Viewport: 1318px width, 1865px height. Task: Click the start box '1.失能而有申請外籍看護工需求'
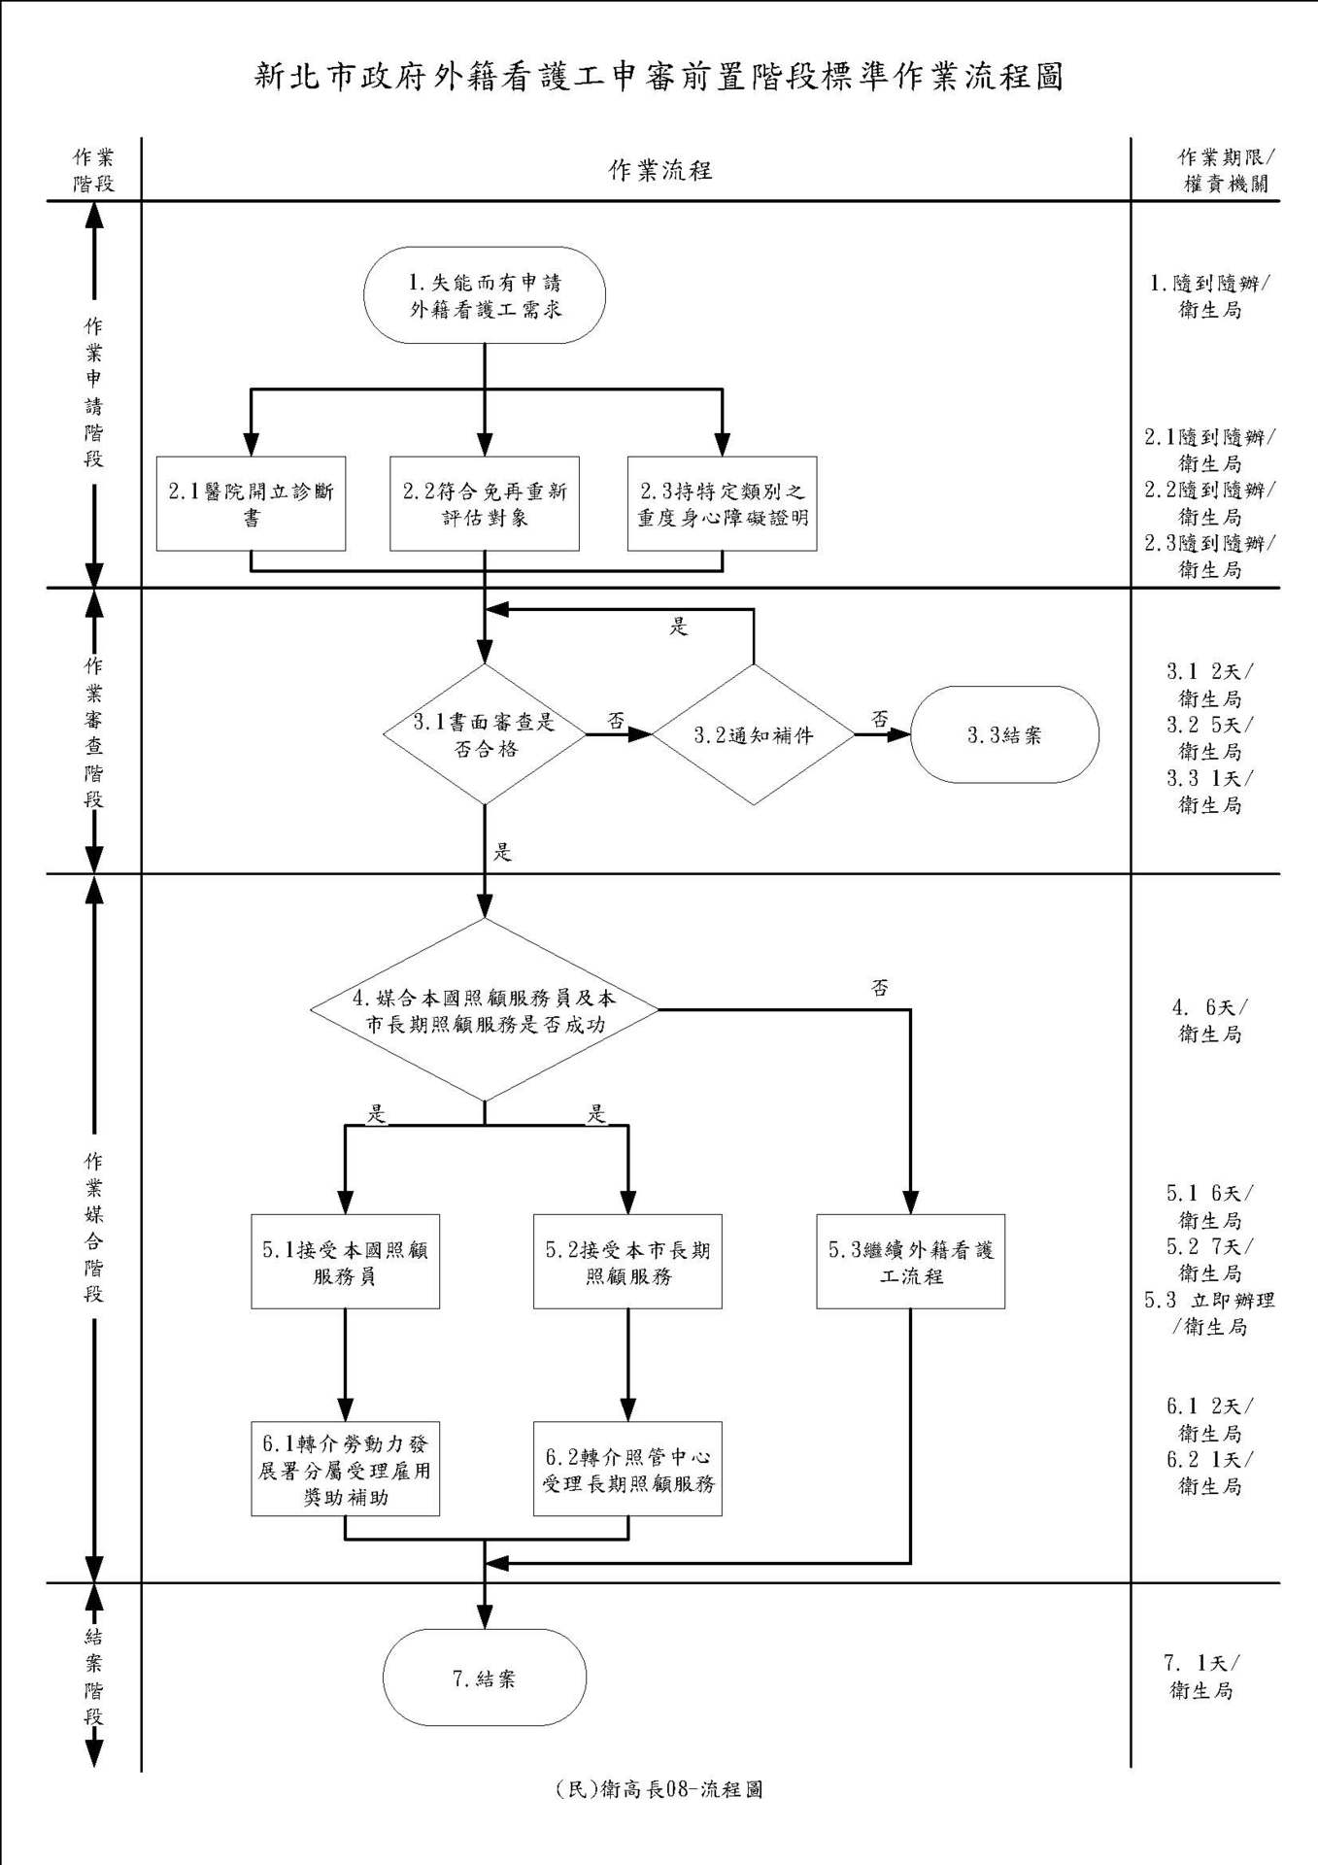[x=485, y=295]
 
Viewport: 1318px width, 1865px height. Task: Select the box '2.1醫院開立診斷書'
[x=251, y=503]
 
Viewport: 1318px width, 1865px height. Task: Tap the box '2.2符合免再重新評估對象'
[x=485, y=503]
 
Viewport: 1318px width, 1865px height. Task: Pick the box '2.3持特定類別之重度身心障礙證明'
[x=722, y=503]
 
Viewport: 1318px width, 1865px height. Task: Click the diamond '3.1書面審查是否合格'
[x=485, y=734]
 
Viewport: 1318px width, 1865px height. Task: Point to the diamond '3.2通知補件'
[x=754, y=734]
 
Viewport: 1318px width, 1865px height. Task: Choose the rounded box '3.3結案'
[x=1004, y=734]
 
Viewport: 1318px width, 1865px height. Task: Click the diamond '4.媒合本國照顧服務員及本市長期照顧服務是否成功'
[x=485, y=1010]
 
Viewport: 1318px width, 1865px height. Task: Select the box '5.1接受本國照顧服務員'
[x=345, y=1262]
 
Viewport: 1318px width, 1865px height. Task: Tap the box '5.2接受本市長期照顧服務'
[x=627, y=1262]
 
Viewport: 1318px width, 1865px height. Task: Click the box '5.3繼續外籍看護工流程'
[x=910, y=1262]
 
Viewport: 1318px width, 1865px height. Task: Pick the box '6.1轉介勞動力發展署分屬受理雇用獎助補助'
[x=345, y=1470]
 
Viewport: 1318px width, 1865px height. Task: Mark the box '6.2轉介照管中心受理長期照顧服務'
[x=627, y=1470]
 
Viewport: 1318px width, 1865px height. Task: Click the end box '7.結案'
[x=485, y=1678]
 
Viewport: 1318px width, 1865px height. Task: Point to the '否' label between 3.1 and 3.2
[x=616, y=721]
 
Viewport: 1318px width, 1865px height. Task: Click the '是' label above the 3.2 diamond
[x=678, y=627]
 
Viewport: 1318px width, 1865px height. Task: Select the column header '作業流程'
[x=660, y=171]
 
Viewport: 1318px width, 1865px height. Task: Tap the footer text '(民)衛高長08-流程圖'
[x=659, y=1789]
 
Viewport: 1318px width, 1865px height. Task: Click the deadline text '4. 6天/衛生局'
[x=1209, y=1021]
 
